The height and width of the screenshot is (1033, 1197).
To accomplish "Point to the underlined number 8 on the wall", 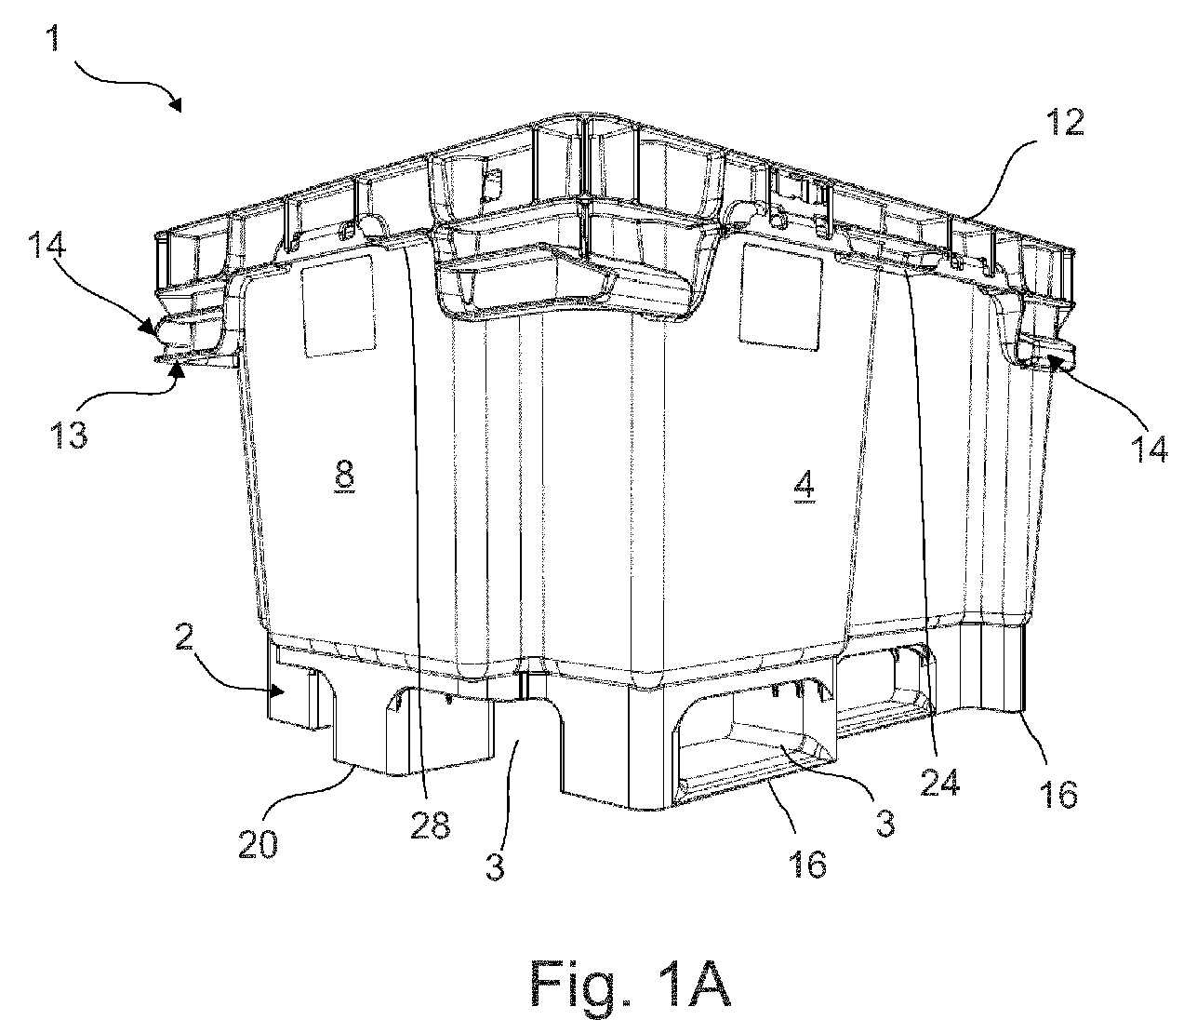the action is point(344,476).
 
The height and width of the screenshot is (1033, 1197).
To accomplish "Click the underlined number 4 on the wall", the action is point(805,488).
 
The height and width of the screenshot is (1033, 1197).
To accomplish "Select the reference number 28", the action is point(431,825).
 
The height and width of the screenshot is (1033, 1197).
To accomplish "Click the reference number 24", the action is point(940,782).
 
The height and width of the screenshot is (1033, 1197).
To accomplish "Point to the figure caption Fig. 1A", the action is point(631,983).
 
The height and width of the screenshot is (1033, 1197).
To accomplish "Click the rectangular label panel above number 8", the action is point(339,306).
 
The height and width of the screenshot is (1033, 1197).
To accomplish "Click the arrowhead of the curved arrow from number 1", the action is point(175,105).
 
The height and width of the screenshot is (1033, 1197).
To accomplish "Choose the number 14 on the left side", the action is point(47,245).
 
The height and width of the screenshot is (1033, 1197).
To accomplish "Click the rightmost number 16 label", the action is point(1059,794).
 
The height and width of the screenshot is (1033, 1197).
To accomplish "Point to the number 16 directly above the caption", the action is point(808,864).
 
